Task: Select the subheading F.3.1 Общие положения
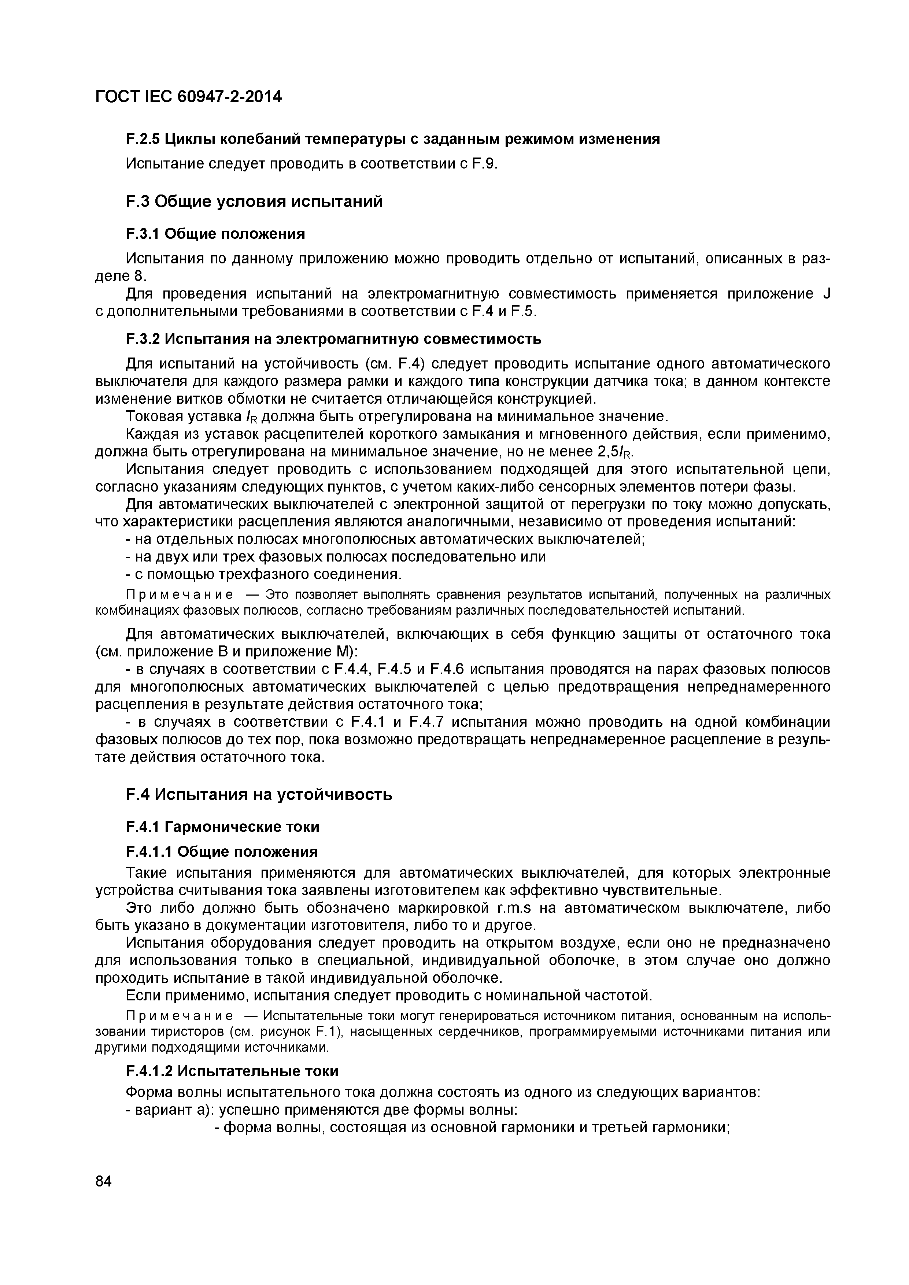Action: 215,233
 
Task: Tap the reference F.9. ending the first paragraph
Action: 485,164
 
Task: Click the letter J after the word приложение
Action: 826,294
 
